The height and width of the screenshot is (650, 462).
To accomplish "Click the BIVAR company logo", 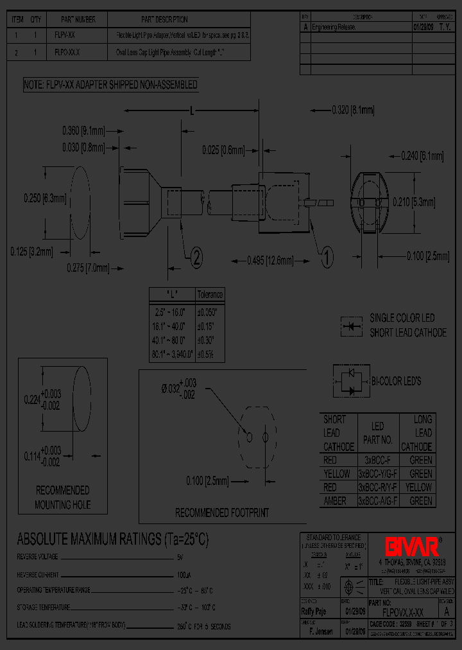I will [x=411, y=547].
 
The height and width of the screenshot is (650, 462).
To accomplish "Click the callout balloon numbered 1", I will [x=327, y=258].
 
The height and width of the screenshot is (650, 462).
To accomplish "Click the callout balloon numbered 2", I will [x=196, y=258].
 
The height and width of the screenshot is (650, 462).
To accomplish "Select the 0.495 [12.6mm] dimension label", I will [x=270, y=260].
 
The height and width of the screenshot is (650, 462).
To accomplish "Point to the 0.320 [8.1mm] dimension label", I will [x=353, y=110].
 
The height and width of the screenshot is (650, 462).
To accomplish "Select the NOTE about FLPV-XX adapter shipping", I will [x=110, y=85].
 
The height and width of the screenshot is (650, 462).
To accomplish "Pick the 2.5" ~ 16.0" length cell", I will [x=171, y=312].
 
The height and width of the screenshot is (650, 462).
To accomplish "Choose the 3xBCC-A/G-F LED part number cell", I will [x=377, y=501].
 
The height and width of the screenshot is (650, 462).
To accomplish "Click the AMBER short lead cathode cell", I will [x=335, y=501].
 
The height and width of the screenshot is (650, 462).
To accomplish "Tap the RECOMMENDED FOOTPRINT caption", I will [x=222, y=513].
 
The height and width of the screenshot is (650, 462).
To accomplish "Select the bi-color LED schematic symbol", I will [x=351, y=381].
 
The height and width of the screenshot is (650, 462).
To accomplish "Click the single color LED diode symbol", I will [x=350, y=326].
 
